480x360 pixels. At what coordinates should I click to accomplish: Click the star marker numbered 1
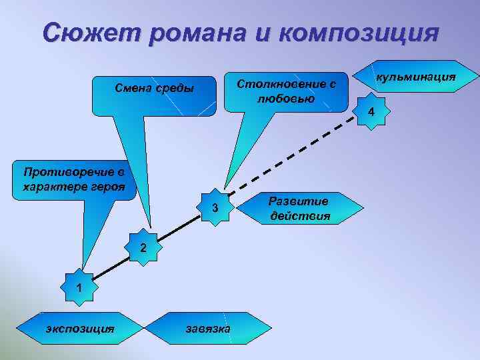coord(79,288)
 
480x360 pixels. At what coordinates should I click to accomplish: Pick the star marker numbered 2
coord(143,247)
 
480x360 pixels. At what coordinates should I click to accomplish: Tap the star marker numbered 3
coord(215,208)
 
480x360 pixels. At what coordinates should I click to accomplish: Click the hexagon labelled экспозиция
coord(79,329)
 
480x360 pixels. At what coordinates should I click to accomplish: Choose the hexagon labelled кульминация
coord(416,78)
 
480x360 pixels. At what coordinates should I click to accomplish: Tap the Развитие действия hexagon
coord(300,209)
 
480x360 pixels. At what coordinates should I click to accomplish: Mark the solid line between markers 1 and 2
coord(110,268)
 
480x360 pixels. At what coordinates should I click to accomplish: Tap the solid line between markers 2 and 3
coord(179,228)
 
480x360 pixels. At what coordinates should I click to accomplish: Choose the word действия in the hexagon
coord(300,216)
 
